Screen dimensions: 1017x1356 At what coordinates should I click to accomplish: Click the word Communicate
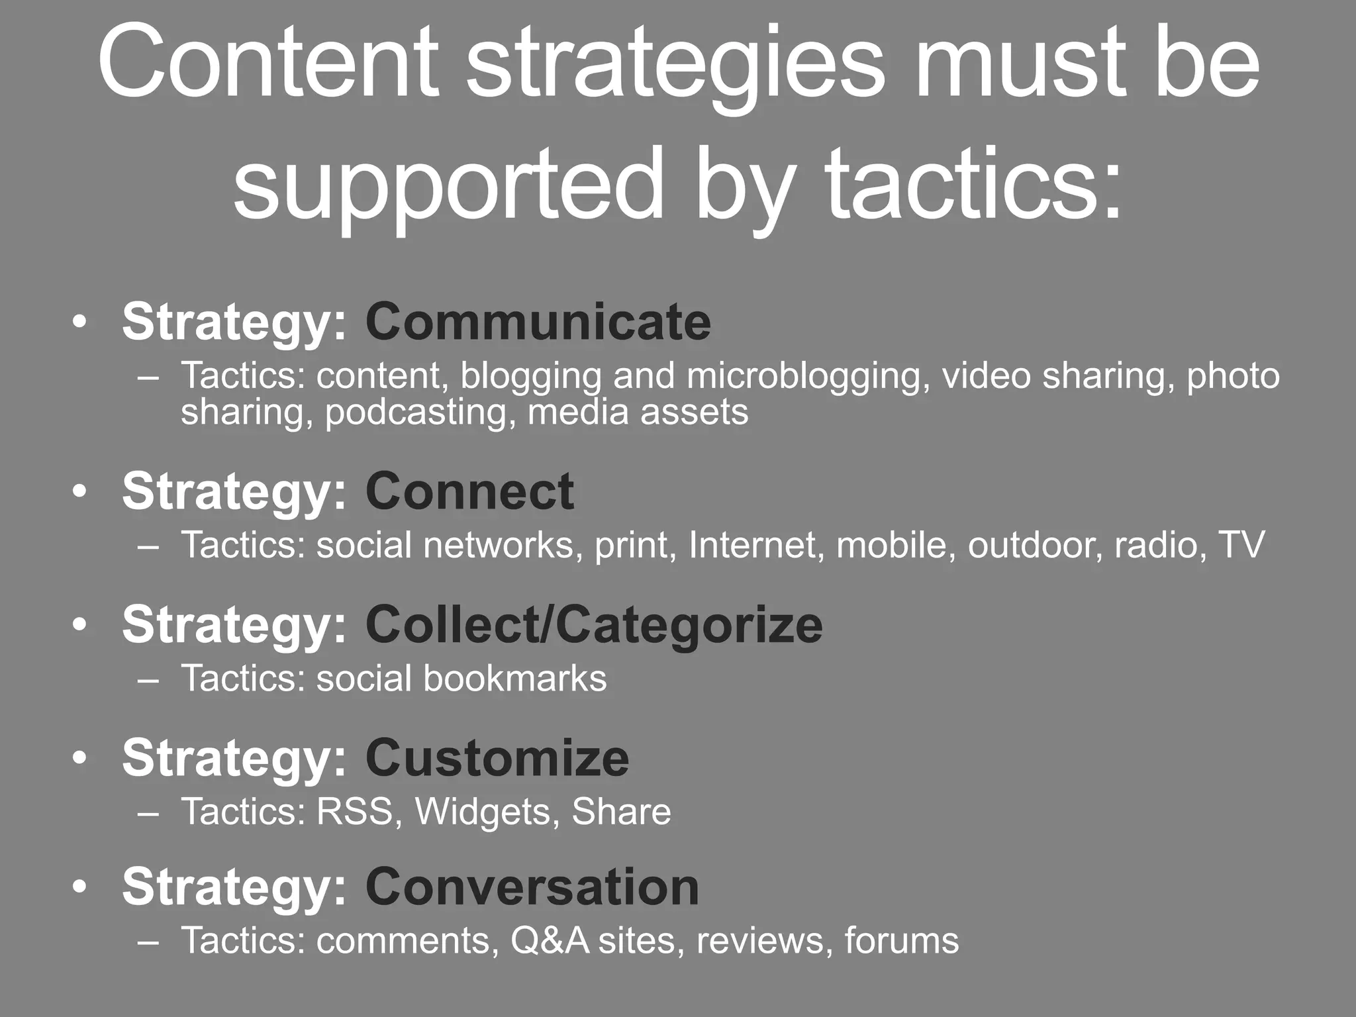click(x=538, y=322)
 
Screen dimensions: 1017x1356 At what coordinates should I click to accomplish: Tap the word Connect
click(x=469, y=492)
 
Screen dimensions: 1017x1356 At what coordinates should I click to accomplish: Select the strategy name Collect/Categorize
click(x=593, y=625)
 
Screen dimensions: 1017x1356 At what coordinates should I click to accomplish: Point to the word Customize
click(x=497, y=758)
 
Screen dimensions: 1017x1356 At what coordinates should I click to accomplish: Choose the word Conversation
click(x=532, y=887)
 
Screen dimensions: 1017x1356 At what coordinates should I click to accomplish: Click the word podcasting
click(x=420, y=412)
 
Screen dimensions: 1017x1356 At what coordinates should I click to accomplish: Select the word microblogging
click(x=804, y=376)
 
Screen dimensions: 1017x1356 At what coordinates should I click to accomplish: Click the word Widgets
click(x=483, y=812)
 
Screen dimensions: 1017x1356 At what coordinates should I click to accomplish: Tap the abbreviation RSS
click(x=355, y=812)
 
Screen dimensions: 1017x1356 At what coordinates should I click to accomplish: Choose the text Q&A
click(x=550, y=941)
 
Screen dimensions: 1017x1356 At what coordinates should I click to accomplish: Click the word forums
click(x=901, y=941)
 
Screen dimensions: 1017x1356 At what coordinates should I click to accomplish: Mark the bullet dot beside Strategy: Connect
click(x=80, y=492)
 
